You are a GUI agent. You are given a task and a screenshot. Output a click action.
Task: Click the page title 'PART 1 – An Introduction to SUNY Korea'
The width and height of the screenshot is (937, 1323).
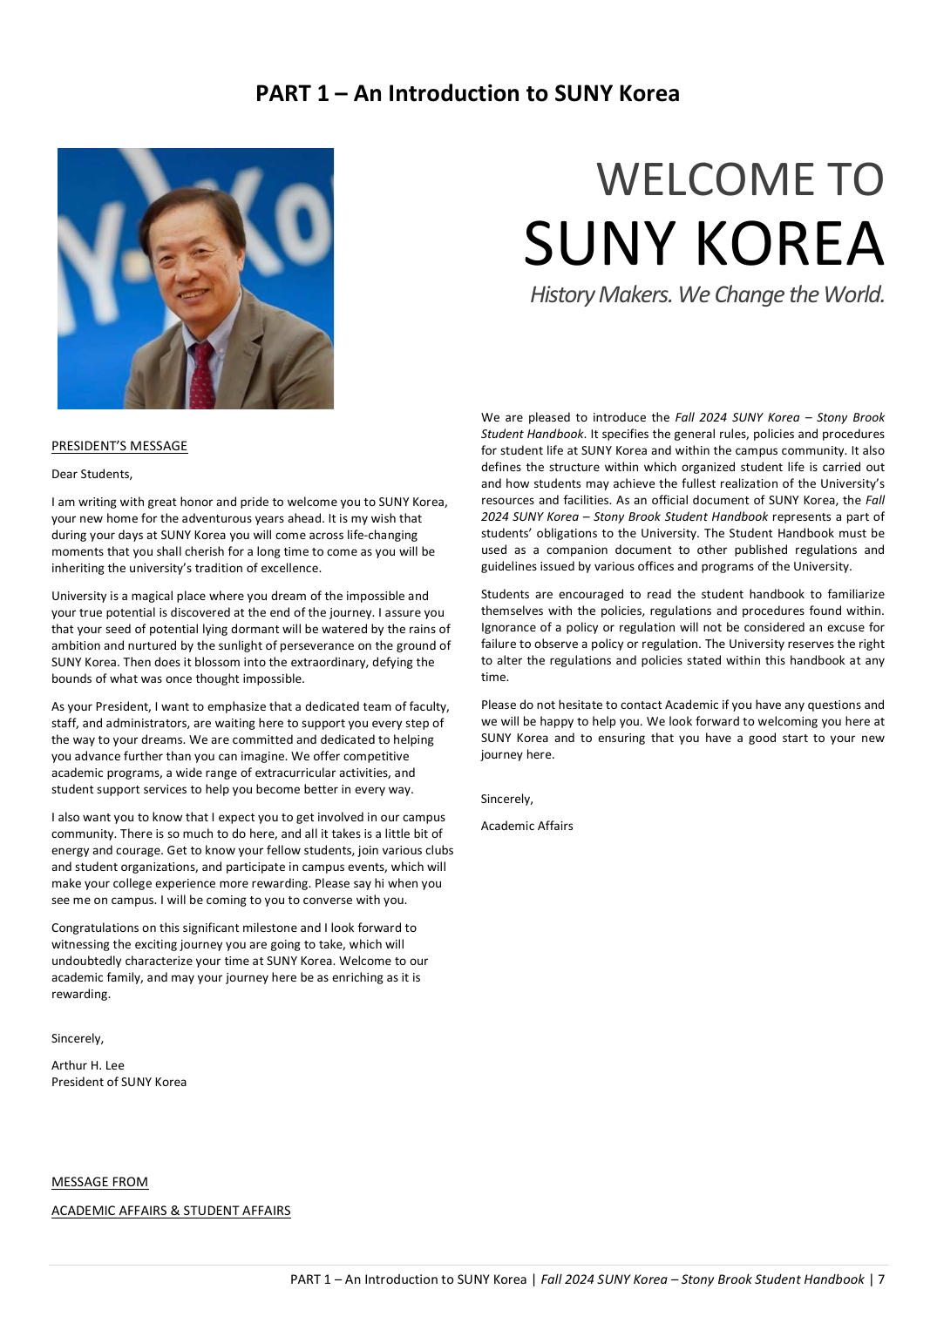(467, 93)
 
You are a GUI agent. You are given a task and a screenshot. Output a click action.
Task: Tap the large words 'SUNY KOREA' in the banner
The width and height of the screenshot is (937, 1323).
(703, 244)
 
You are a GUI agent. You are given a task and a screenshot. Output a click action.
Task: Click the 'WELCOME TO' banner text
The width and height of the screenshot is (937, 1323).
(740, 179)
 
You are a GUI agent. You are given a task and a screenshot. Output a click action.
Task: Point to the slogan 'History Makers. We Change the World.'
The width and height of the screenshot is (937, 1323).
(707, 294)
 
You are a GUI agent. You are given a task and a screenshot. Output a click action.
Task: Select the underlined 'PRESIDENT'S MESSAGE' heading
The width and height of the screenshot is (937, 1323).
(119, 446)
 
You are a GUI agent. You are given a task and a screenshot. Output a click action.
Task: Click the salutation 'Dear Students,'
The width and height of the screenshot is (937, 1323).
(92, 474)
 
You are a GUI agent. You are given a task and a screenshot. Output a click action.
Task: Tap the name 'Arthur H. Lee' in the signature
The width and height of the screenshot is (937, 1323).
(88, 1065)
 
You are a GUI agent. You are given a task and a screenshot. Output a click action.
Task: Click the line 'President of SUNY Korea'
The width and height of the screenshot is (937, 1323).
(119, 1082)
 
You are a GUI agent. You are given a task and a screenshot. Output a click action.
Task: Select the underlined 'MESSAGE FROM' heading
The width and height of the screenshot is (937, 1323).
(99, 1182)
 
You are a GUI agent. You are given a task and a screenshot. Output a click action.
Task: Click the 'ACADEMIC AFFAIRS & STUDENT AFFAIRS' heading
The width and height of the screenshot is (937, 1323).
(171, 1211)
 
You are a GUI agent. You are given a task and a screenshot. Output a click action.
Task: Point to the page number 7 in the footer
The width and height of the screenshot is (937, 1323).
(881, 1279)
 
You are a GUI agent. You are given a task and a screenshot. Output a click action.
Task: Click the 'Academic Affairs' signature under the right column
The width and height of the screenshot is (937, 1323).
(526, 826)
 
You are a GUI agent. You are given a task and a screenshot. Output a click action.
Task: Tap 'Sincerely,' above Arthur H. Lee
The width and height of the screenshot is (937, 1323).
(78, 1038)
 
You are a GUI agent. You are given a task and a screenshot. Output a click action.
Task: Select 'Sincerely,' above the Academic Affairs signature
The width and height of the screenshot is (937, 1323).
(506, 799)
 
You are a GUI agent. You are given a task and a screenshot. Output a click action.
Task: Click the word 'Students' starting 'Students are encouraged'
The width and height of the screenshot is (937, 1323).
(505, 594)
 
